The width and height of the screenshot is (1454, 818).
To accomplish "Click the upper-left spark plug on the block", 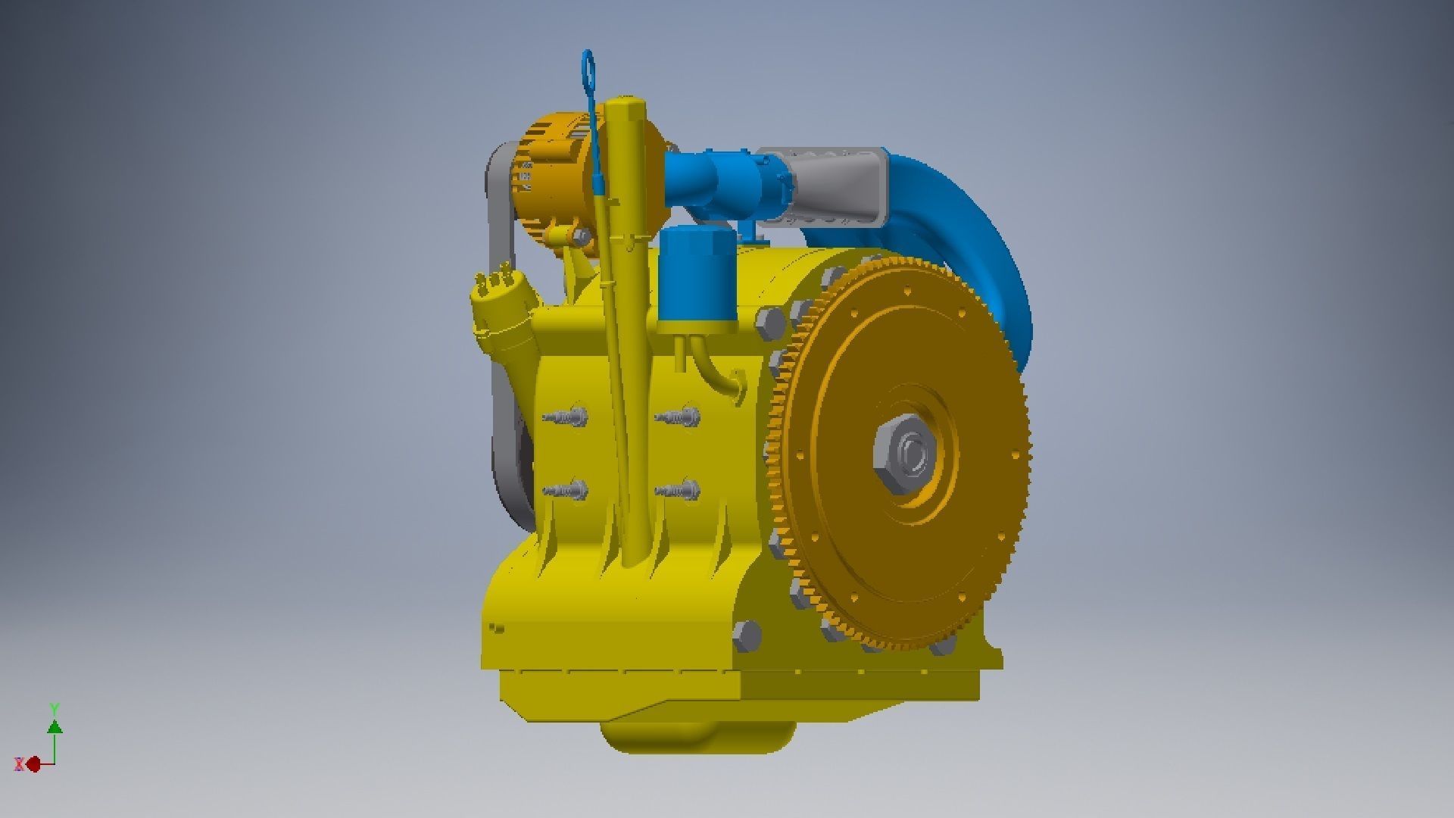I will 566,416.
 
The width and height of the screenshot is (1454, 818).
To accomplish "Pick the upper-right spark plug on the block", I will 679,416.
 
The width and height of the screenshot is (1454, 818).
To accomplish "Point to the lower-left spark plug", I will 566,490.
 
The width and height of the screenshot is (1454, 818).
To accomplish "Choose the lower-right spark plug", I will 679,490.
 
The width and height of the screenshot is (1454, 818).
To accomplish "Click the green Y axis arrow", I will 55,726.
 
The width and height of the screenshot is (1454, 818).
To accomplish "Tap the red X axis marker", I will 33,764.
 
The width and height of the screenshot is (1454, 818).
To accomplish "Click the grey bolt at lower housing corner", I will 747,635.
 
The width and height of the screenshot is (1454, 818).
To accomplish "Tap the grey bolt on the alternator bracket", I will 582,237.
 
